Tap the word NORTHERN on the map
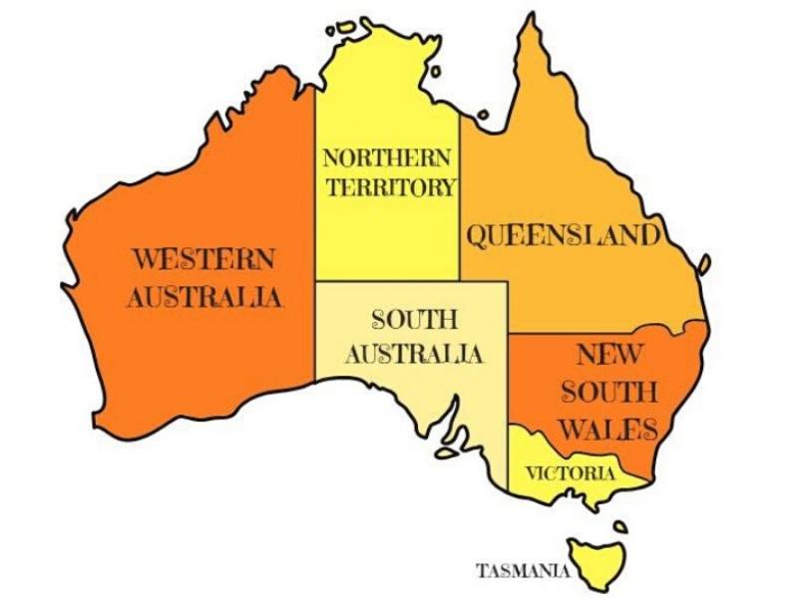[x=386, y=158]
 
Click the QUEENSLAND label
[x=564, y=235]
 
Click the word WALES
[x=607, y=430]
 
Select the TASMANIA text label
[x=523, y=571]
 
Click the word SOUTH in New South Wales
[x=608, y=391]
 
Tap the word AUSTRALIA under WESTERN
[x=204, y=297]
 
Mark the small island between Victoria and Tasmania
[x=620, y=525]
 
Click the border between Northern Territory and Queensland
[x=459, y=199]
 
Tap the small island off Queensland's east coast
[x=704, y=264]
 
